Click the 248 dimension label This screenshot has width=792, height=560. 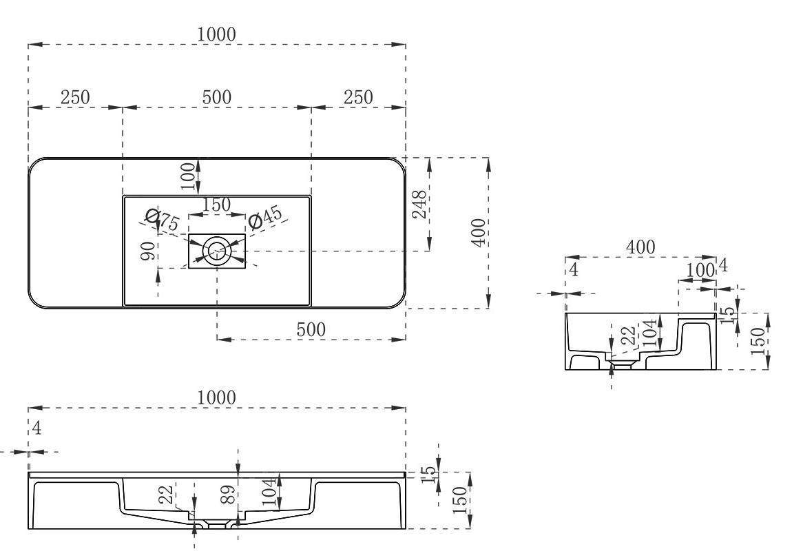(419, 204)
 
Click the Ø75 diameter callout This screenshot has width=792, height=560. (162, 220)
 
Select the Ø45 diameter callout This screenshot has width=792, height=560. (265, 218)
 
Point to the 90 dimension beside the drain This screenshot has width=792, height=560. (147, 251)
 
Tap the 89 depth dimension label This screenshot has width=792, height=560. (228, 495)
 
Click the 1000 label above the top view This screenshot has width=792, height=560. (216, 34)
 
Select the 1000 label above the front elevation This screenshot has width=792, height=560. (216, 398)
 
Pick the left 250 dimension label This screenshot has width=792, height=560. (75, 97)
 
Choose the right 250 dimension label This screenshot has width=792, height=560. (358, 97)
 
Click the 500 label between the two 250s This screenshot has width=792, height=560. (217, 97)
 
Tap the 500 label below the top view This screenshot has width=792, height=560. (311, 330)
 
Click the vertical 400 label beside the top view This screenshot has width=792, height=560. (479, 232)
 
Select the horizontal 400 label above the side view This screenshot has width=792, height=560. (640, 247)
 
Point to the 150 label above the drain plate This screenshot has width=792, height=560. (217, 205)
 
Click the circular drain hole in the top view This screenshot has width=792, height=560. (217, 251)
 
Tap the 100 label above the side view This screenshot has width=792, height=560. (700, 270)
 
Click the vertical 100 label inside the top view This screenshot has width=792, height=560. (187, 176)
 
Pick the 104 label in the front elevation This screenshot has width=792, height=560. (270, 492)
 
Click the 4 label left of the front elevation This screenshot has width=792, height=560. (37, 428)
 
